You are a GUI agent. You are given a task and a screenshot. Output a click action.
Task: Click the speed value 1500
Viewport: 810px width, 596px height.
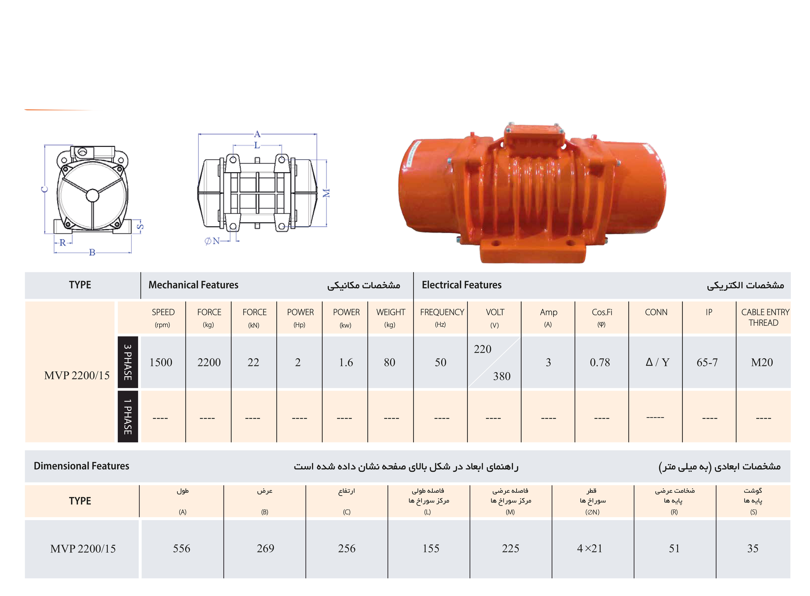point(161,362)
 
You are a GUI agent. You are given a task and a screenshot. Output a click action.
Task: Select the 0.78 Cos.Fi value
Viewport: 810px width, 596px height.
point(600,362)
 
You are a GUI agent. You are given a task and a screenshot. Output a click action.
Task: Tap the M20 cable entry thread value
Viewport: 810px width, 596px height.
point(762,362)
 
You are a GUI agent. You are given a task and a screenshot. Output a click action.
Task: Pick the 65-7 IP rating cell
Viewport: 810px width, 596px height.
point(707,362)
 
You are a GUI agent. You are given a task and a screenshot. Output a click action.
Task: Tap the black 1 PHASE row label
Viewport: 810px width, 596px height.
point(128,416)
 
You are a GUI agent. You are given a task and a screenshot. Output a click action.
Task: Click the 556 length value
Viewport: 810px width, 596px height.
point(182,548)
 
